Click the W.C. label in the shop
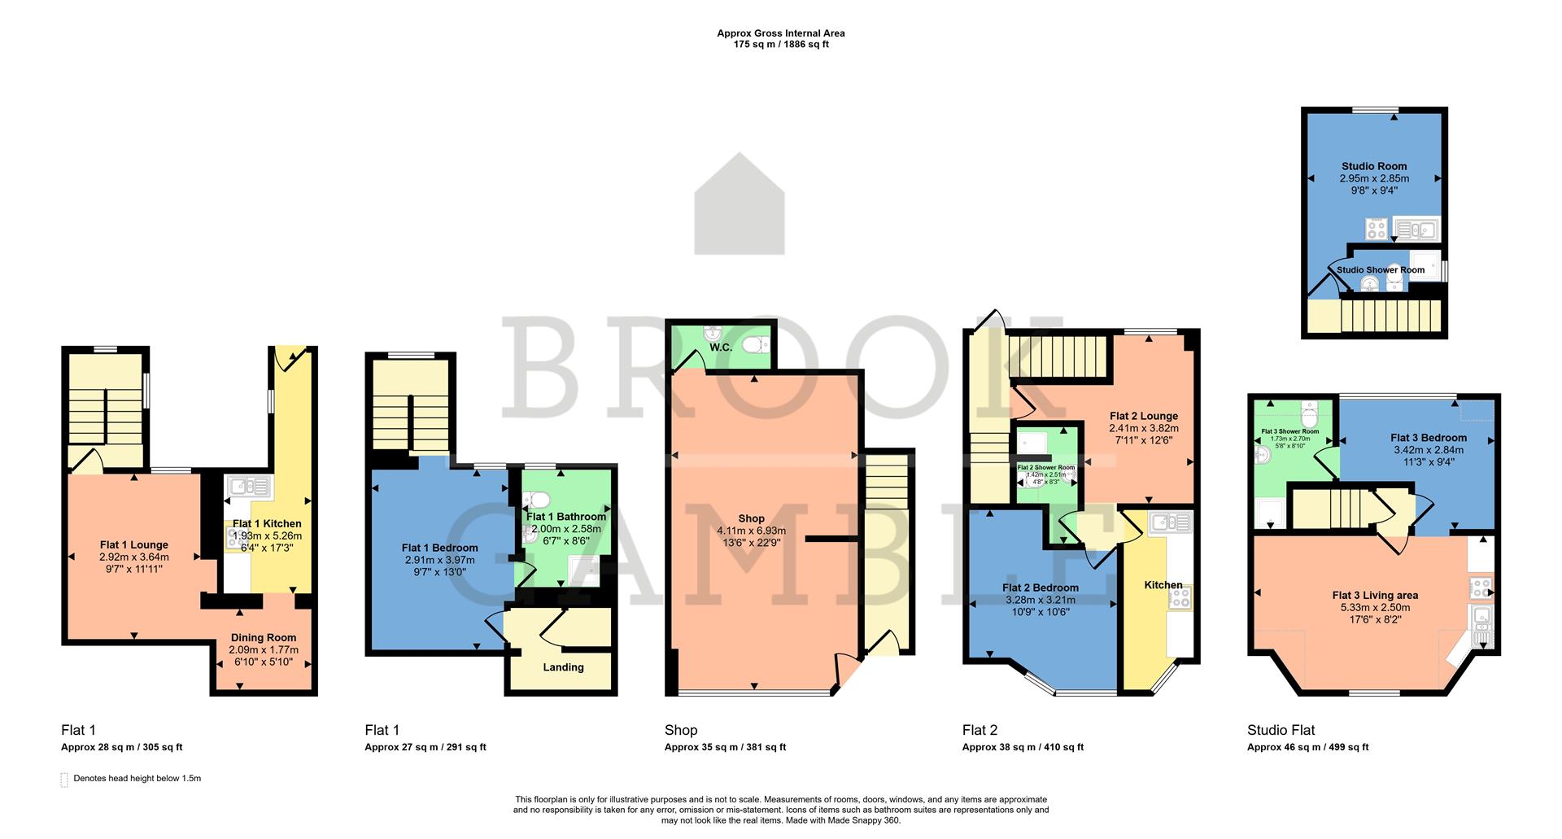(721, 347)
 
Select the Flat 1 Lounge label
(134, 545)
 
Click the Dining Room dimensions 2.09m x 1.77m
(264, 650)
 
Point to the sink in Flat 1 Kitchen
(249, 487)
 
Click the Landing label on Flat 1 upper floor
(563, 667)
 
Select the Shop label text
(752, 518)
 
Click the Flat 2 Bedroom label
(1041, 588)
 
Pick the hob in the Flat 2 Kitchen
(1179, 598)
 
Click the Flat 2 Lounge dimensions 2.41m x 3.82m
(1144, 428)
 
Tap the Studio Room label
(1374, 166)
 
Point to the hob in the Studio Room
(1377, 229)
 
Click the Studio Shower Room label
(1381, 270)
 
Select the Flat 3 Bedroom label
(1429, 438)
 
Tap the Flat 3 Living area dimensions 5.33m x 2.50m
(1375, 608)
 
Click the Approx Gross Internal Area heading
(780, 33)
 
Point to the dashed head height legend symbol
(64, 780)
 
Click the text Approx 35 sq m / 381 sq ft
(725, 747)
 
